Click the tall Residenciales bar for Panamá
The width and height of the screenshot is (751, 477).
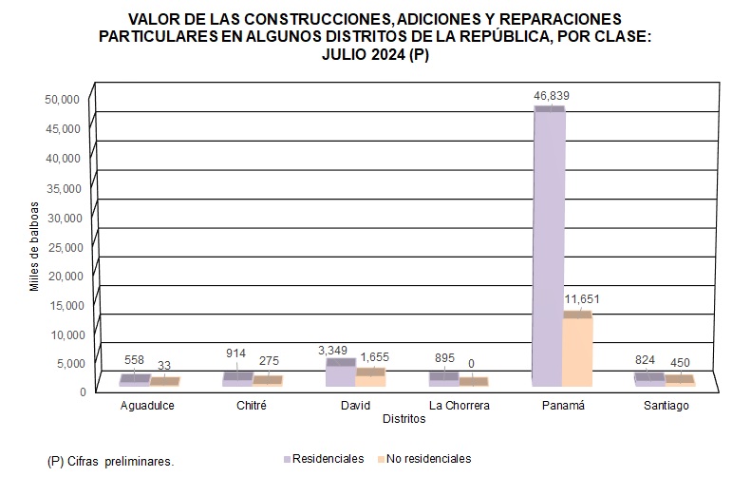548,247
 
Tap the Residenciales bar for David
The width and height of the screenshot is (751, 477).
341,373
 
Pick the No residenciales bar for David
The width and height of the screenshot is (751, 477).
370,377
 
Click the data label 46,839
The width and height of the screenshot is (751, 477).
551,96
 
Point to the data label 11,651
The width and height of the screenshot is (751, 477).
582,299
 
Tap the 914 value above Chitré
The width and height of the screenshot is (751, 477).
235,353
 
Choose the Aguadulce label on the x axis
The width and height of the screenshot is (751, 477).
148,406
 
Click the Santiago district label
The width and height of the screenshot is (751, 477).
664,406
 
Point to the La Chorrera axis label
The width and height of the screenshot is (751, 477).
460,406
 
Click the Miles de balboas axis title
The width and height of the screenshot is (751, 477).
34,245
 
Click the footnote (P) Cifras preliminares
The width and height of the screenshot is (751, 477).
110,461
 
